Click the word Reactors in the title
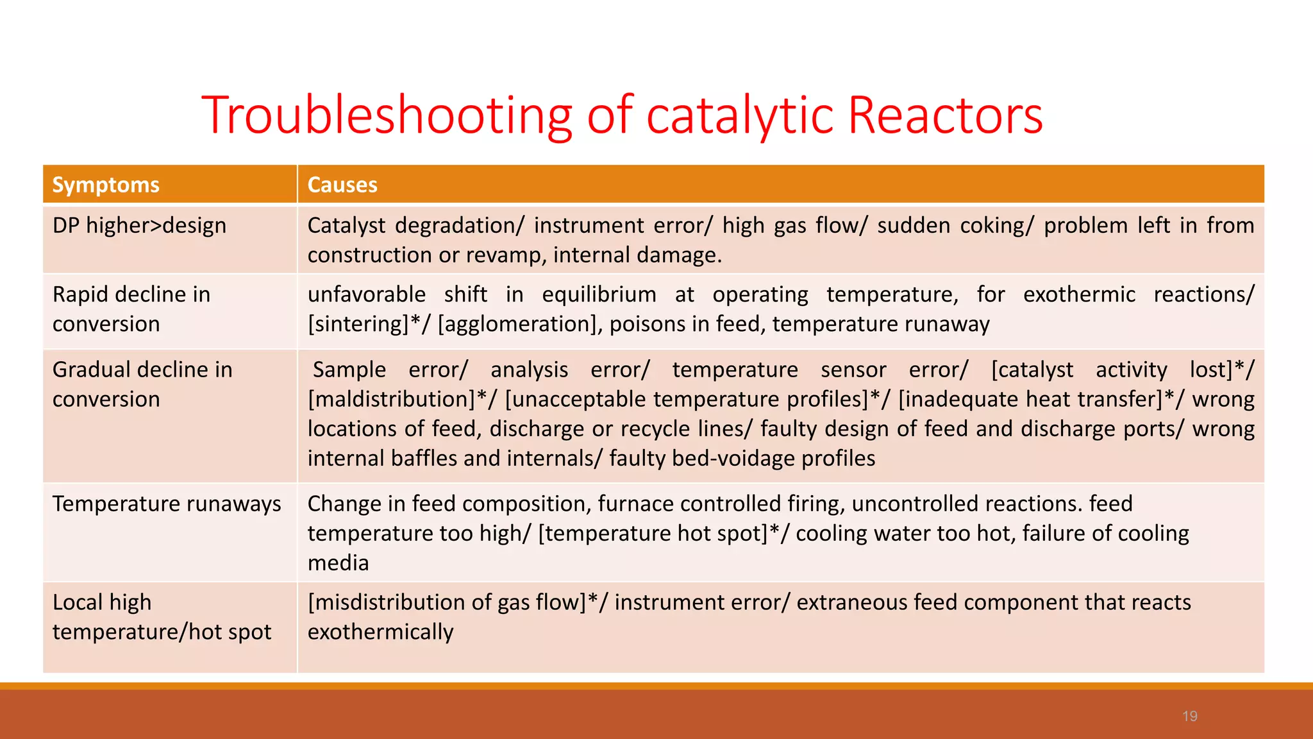[945, 115]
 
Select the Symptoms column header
[106, 185]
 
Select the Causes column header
[342, 185]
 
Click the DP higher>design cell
[139, 226]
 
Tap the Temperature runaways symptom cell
[167, 504]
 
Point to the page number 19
[1189, 716]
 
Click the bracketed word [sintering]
[358, 325]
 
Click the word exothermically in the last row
[380, 633]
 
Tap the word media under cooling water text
[338, 563]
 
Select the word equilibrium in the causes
[599, 294]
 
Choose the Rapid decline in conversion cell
[131, 309]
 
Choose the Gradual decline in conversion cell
[142, 384]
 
